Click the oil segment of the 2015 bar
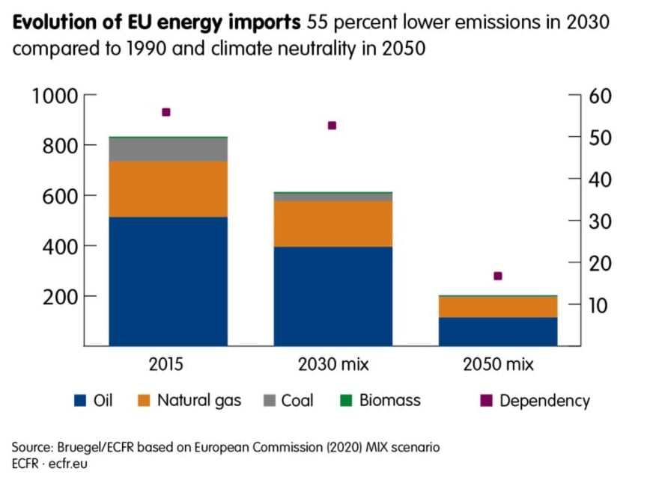click(x=167, y=281)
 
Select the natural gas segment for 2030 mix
click(x=332, y=224)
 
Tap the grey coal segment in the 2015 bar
click(x=167, y=150)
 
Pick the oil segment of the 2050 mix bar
click(x=498, y=331)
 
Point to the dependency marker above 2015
click(x=166, y=112)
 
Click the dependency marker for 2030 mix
click(x=332, y=126)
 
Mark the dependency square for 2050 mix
click(x=498, y=276)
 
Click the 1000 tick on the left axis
click(x=55, y=96)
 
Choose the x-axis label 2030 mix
click(x=332, y=365)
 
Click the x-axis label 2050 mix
click(x=498, y=365)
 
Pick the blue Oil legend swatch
click(x=80, y=401)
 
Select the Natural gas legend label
click(x=199, y=401)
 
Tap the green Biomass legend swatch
click(x=345, y=401)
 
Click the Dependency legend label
click(x=544, y=401)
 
